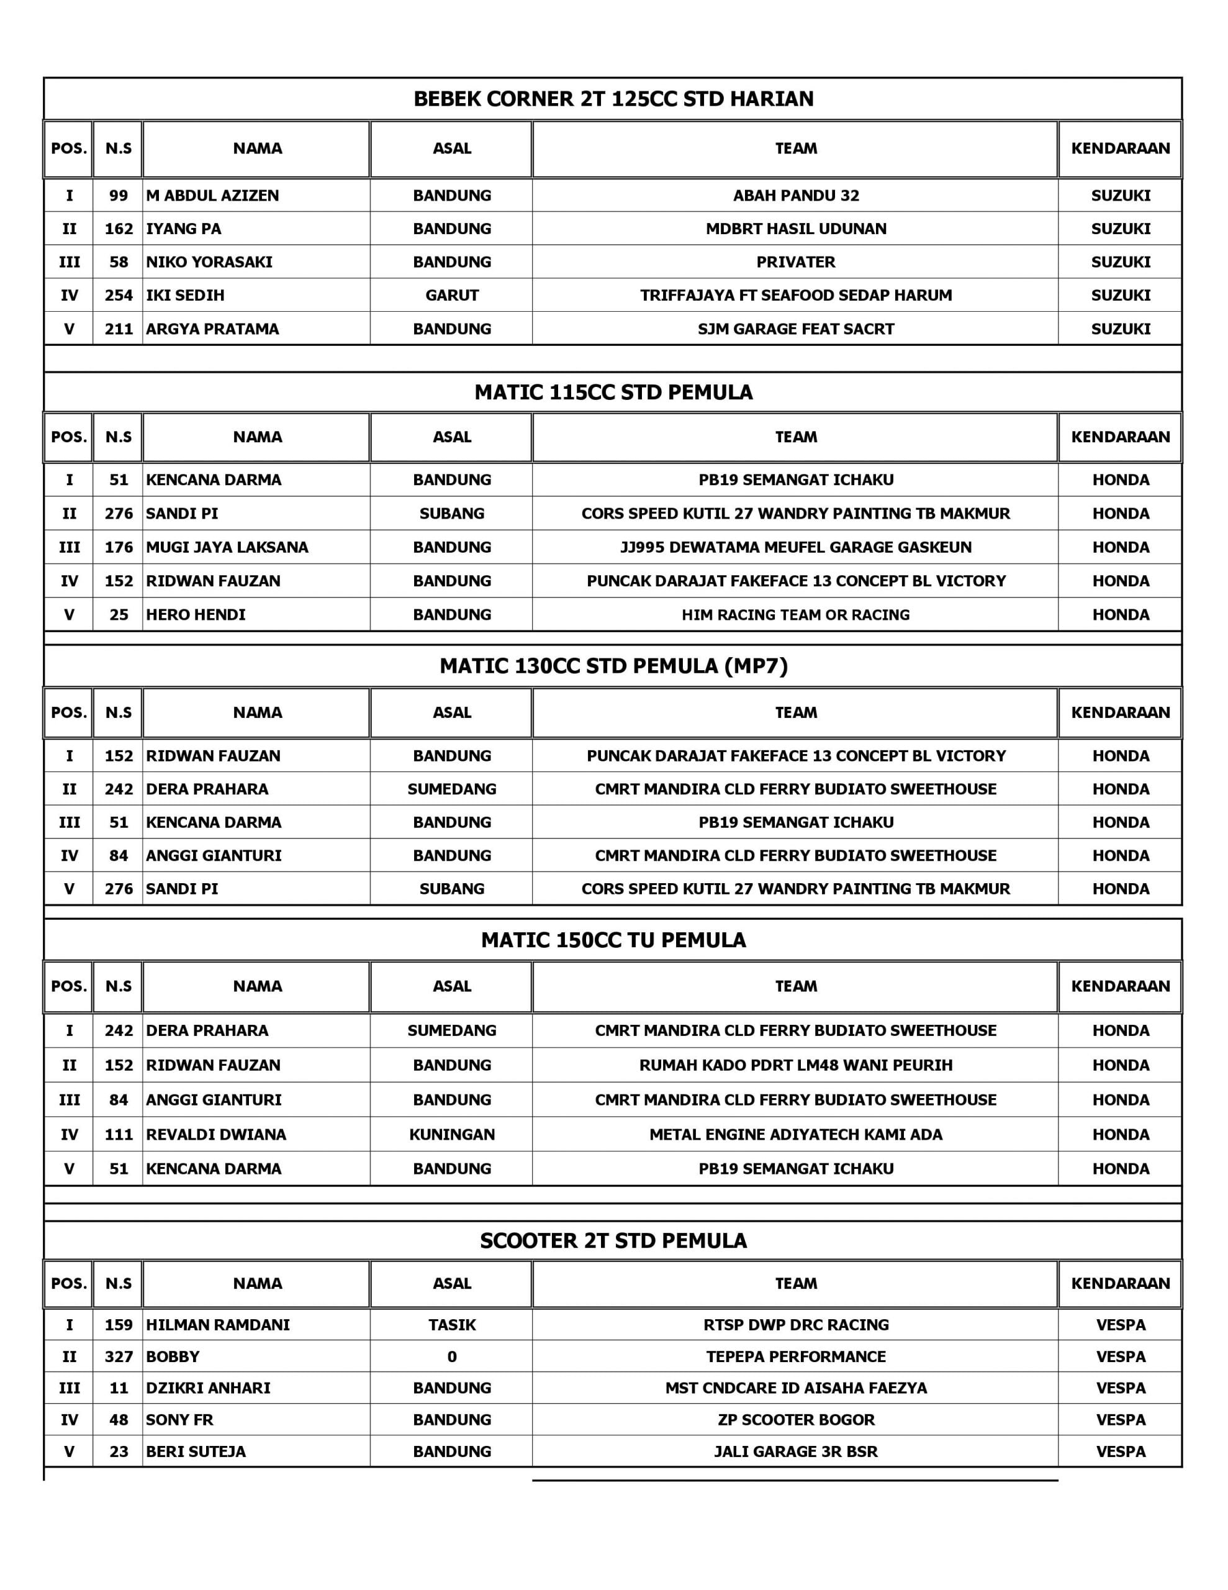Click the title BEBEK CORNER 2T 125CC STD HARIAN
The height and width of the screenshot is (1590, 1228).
click(x=613, y=99)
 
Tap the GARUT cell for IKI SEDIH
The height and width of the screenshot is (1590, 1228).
click(x=451, y=296)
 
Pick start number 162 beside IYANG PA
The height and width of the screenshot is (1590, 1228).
click(x=118, y=229)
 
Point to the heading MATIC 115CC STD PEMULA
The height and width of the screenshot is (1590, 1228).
click(x=613, y=393)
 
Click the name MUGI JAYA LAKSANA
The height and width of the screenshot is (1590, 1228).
click(x=227, y=547)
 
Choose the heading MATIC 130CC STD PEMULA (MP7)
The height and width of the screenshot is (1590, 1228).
click(x=613, y=666)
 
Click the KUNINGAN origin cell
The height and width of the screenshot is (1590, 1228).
click(x=451, y=1134)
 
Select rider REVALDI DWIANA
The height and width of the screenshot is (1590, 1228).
click(x=215, y=1134)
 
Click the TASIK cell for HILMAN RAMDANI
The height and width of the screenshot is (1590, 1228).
click(x=451, y=1325)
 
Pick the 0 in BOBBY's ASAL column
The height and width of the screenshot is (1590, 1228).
click(x=451, y=1357)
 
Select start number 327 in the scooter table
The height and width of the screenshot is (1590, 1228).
click(x=118, y=1357)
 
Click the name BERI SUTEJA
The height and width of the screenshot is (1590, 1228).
click(x=195, y=1451)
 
